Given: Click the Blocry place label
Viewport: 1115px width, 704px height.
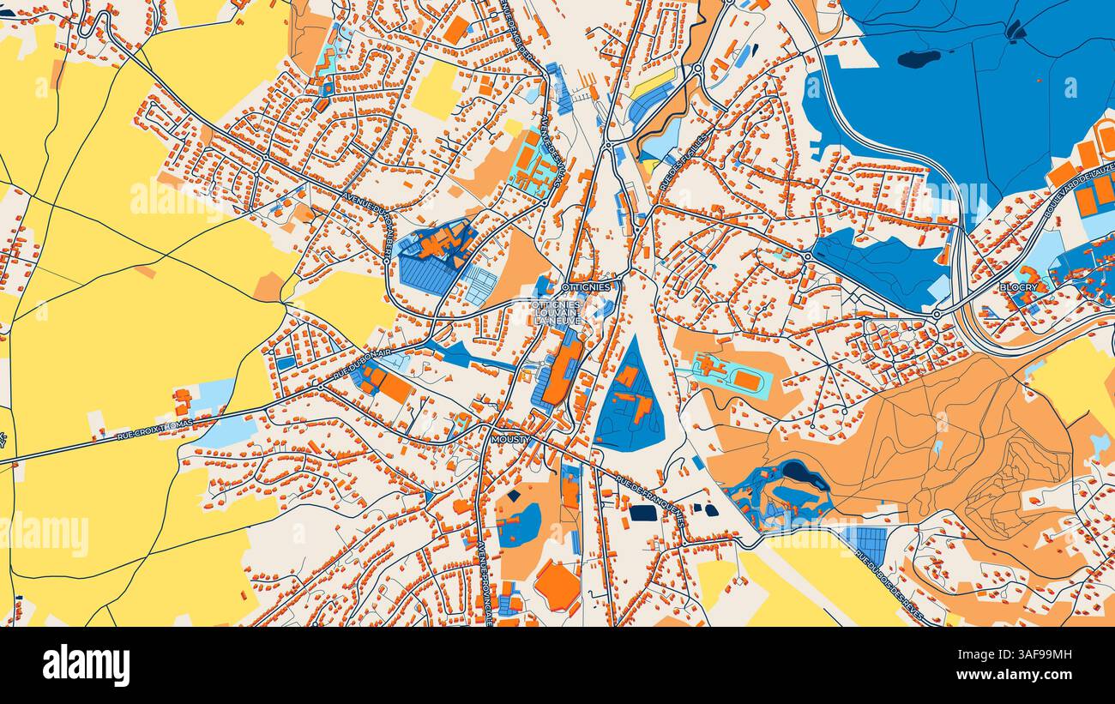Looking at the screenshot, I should coord(1018,287).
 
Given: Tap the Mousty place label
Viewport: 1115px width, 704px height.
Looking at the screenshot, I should coord(510,439).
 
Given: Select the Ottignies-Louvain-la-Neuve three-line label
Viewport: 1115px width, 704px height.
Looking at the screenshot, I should coord(557,312).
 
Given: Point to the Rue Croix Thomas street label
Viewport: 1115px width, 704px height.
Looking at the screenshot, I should coord(154,431).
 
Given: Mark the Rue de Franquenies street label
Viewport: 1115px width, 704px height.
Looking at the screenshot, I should coord(650,502).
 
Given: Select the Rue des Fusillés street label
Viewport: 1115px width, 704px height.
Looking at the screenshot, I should coord(684,162).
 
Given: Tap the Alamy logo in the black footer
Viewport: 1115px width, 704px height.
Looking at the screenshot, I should coord(87,665).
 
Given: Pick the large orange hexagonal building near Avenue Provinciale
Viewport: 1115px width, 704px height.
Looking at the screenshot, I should coord(557,586).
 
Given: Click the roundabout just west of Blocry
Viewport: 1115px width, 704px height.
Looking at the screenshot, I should coord(936,315).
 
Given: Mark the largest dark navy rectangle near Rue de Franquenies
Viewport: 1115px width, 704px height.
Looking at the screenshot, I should coord(642,513).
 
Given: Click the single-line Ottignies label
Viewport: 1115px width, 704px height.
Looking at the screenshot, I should coord(586,286).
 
